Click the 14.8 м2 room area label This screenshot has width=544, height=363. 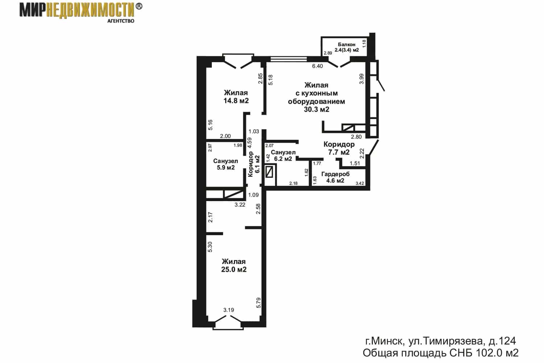click(236, 101)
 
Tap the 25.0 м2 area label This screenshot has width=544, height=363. click(234, 269)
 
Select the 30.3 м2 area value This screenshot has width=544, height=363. click(317, 109)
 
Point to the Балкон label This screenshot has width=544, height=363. click(347, 45)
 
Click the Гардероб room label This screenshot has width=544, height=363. click(335, 174)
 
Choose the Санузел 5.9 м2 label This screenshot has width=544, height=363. click(226, 164)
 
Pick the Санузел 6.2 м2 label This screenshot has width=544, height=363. click(283, 156)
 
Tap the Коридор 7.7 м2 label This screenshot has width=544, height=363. click(339, 148)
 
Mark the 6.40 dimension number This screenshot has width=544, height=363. click(317, 66)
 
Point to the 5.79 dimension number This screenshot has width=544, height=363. click(259, 303)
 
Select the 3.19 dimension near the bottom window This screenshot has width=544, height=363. click(228, 310)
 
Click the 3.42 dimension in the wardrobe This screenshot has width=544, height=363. click(360, 183)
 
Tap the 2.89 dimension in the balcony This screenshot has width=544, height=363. click(328, 53)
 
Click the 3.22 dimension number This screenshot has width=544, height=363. click(240, 205)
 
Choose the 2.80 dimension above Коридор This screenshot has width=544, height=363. click(356, 136)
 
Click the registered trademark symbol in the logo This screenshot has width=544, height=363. click(139, 7)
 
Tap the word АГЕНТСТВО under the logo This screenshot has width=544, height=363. click(121, 21)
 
